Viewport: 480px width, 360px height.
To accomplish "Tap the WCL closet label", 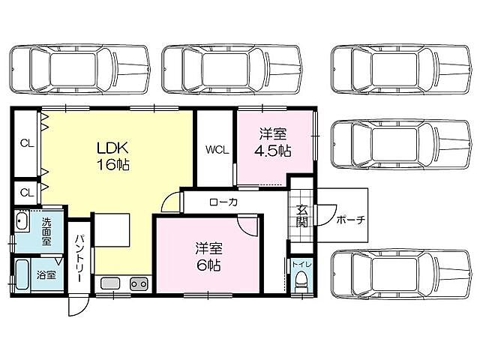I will tap(217, 148).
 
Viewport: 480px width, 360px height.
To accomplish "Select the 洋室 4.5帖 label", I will tap(274, 142).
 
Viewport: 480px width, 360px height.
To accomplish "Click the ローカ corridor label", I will tap(223, 202).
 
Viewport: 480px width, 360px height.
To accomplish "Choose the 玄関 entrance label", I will tap(301, 215).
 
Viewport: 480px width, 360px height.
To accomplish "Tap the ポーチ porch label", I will tap(350, 220).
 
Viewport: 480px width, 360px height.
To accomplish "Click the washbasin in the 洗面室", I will tap(22, 223).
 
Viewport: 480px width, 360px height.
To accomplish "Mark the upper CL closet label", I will tap(25, 142).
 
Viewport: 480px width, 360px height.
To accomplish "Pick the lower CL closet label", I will tap(25, 192).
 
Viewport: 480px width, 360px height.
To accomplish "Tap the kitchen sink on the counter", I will tap(109, 284).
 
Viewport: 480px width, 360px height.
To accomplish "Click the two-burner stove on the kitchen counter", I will tap(138, 284).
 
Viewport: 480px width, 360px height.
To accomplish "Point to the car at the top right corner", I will tap(396, 68).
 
